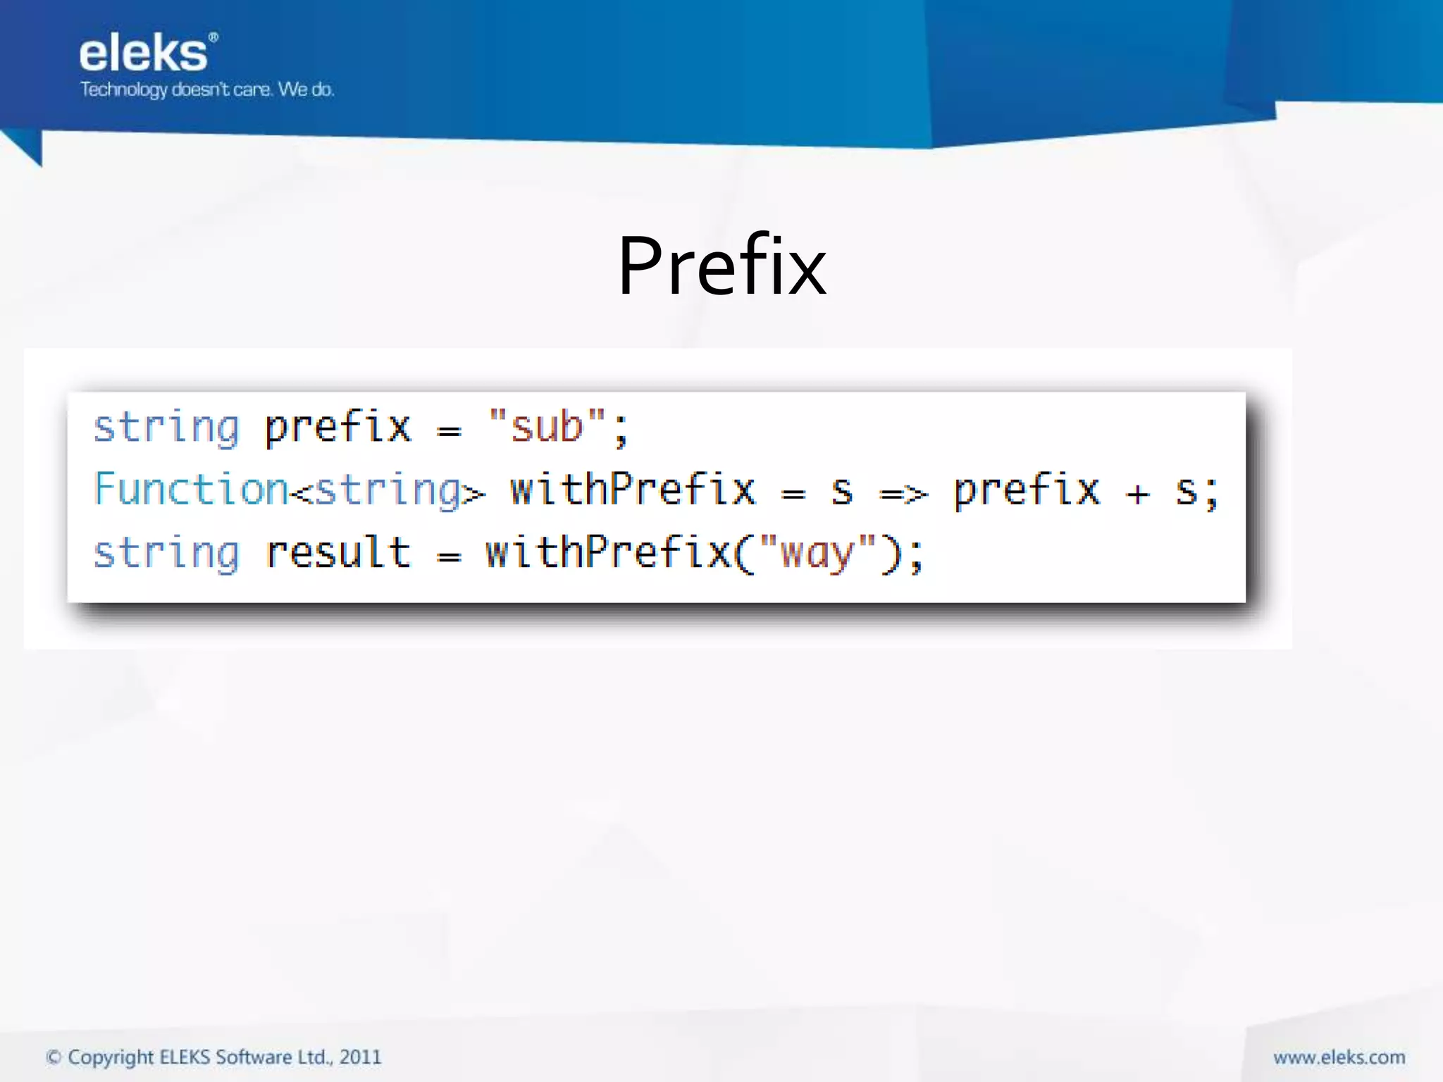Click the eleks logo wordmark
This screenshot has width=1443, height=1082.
pos(144,54)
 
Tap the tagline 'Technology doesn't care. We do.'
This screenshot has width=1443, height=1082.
pos(206,89)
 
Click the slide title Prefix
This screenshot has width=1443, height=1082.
pos(721,266)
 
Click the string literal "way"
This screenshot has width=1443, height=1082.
pos(817,552)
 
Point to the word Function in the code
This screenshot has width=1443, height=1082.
pos(191,490)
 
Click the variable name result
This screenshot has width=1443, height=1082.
pos(338,552)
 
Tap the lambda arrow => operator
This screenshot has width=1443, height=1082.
pos(903,493)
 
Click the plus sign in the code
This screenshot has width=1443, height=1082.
pos(1137,494)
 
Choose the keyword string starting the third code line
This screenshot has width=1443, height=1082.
pos(166,554)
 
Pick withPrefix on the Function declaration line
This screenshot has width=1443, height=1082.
pos(633,490)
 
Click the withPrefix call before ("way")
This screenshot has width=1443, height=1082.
pos(608,552)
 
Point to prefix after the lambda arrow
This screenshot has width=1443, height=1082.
pos(1027,491)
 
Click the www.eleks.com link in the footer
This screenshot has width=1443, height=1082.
pos(1339,1057)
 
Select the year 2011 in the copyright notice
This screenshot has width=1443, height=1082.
pos(360,1057)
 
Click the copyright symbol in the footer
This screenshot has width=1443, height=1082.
pos(54,1057)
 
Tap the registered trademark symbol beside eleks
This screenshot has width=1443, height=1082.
pos(213,37)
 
